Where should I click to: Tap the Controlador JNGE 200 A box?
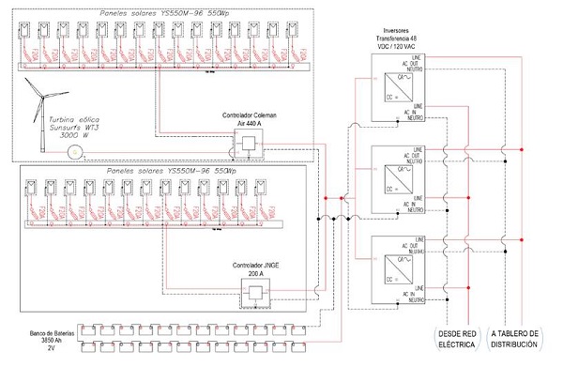click(x=254, y=294)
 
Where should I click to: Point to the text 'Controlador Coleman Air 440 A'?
click(x=247, y=121)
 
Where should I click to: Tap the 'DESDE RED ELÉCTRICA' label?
click(x=455, y=340)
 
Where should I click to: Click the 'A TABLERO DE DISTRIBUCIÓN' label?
click(x=514, y=340)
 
